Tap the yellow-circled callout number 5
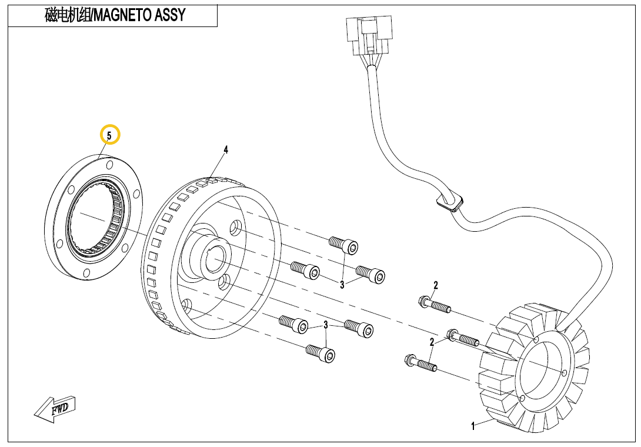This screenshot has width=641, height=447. (109, 135)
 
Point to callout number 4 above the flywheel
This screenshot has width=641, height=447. (225, 150)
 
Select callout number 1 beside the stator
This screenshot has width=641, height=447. (473, 426)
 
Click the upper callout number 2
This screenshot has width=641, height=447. (436, 286)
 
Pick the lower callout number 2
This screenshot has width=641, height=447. (432, 342)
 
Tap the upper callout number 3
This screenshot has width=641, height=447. (342, 285)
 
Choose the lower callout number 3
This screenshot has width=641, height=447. (325, 325)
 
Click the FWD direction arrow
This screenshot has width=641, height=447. (55, 408)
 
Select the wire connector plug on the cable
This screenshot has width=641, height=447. (368, 35)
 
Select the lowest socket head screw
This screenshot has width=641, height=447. (321, 353)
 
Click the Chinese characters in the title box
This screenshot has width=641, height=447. (68, 15)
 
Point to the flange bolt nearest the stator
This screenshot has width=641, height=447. (465, 338)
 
